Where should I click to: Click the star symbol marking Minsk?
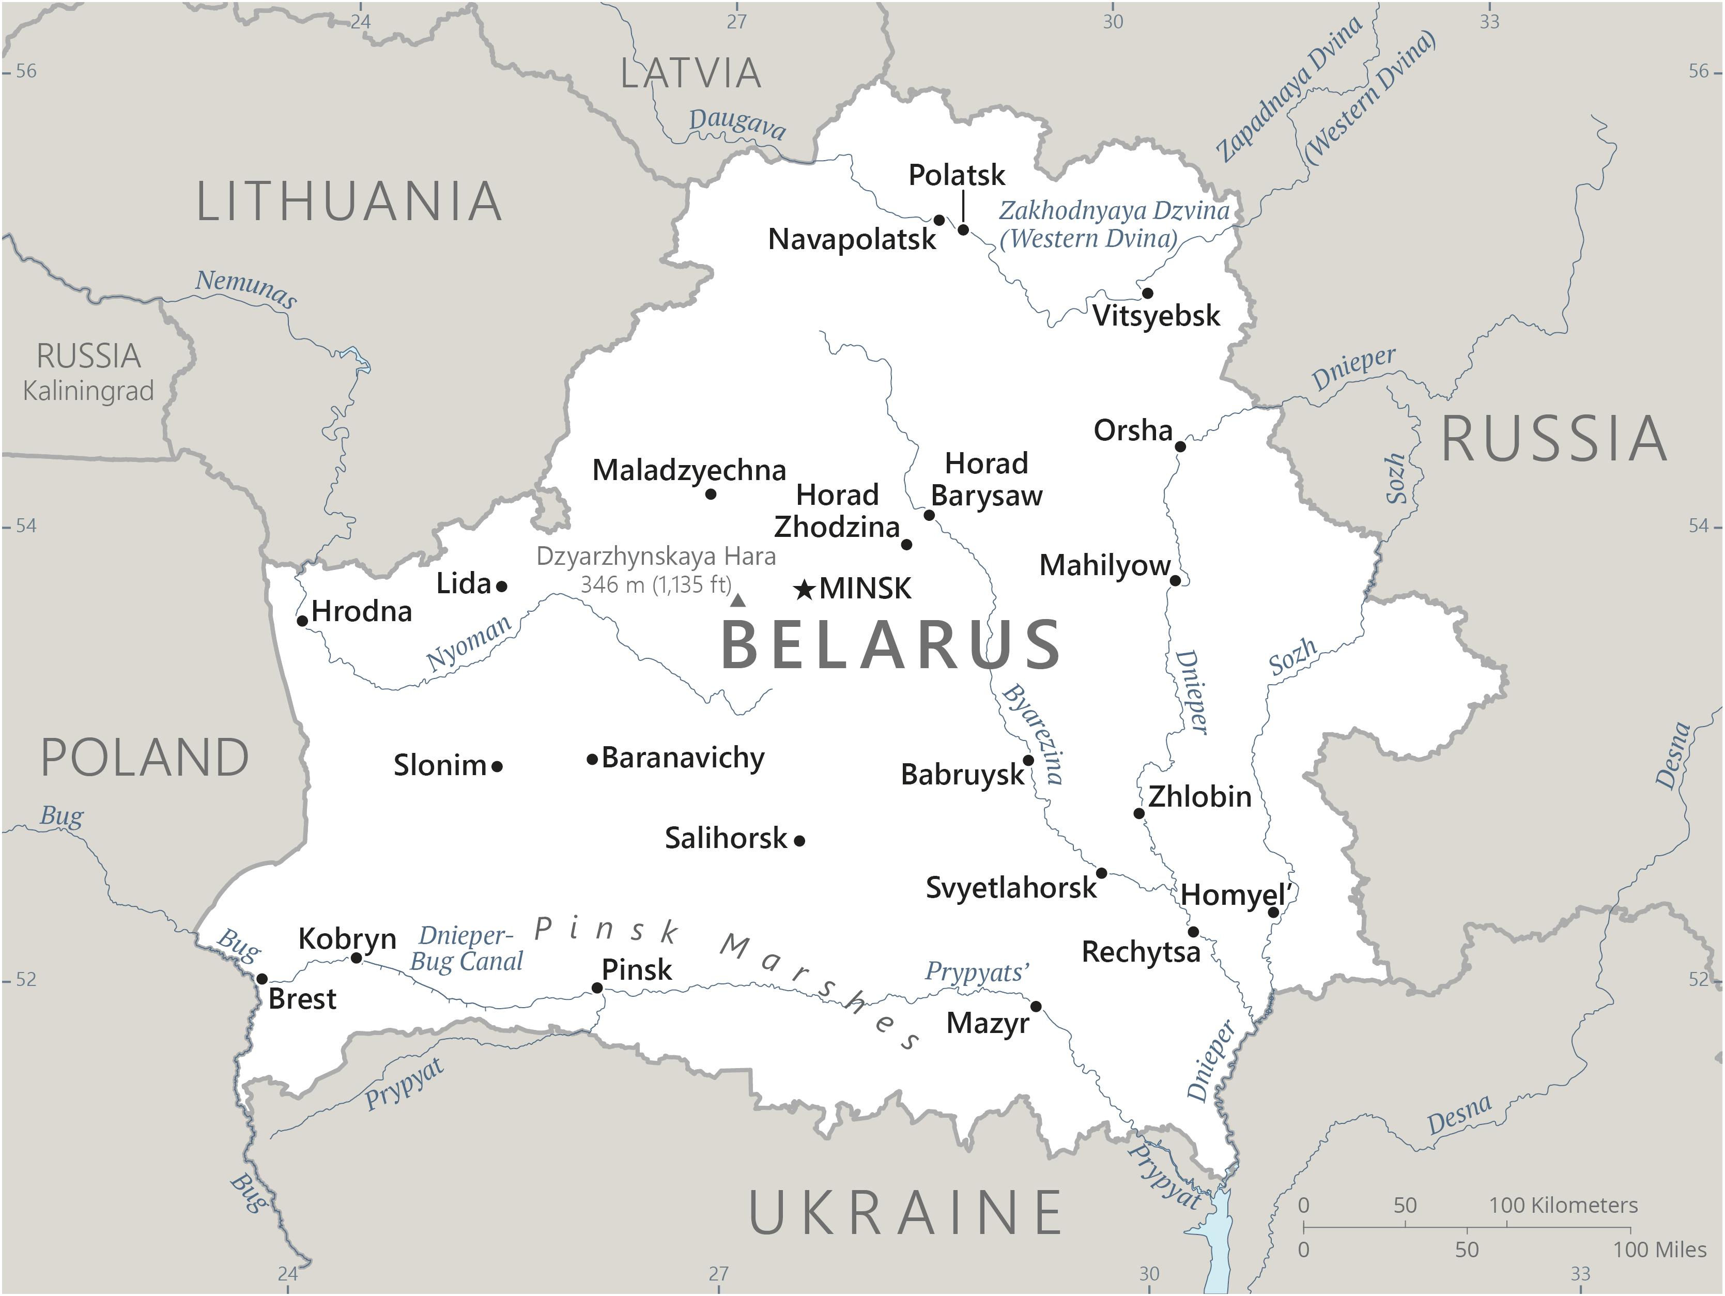[x=804, y=590]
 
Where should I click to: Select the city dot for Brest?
[x=262, y=979]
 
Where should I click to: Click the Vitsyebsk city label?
[x=1156, y=316]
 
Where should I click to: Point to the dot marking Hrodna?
[x=302, y=621]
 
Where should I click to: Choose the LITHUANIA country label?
[x=349, y=202]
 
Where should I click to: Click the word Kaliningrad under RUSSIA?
[x=88, y=391]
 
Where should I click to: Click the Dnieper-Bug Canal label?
[x=466, y=948]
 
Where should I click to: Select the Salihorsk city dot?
[x=799, y=841]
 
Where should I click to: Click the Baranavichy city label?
[x=683, y=758]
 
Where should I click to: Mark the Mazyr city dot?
[x=1036, y=1007]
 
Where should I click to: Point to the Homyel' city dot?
[x=1273, y=913]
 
